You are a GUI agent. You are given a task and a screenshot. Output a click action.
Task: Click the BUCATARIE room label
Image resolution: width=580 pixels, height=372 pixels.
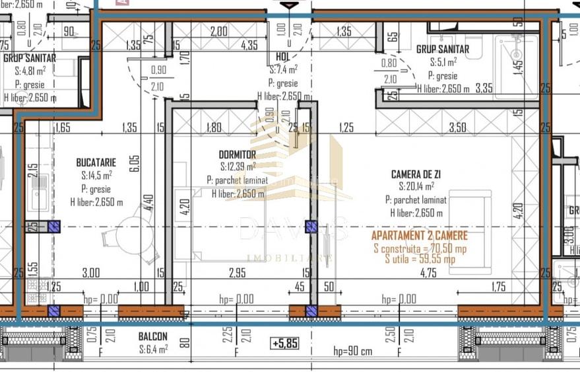(96, 162)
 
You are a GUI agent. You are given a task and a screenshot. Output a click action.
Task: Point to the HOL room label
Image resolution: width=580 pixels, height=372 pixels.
(282, 57)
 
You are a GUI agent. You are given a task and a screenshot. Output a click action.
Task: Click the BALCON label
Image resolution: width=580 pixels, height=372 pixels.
(152, 336)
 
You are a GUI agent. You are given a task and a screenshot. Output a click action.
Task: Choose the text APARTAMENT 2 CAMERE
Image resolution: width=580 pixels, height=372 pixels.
(420, 236)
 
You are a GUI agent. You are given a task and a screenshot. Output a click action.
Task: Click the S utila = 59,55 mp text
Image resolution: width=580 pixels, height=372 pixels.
(420, 259)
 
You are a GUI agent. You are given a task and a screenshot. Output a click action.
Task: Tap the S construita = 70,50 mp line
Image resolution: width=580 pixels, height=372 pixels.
(420, 248)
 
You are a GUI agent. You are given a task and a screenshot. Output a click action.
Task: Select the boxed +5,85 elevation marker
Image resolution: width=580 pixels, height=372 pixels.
(285, 344)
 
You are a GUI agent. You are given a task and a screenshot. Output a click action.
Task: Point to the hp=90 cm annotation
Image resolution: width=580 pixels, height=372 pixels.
(352, 352)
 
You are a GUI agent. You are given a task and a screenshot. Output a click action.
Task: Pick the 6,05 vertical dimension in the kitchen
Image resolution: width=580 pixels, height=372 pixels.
(134, 163)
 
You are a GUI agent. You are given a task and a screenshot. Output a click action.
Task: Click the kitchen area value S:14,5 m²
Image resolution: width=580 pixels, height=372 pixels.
(96, 175)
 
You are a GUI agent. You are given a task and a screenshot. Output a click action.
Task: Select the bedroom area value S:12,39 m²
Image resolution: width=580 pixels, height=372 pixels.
(238, 167)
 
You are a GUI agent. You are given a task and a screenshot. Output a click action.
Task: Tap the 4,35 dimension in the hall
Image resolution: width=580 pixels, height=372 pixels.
(249, 46)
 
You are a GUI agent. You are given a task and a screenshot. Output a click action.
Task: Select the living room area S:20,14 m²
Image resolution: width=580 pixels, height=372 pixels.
(416, 187)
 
